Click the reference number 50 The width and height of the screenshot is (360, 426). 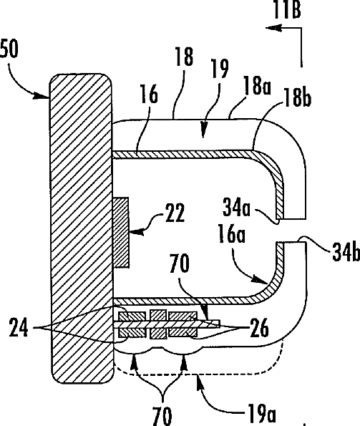point(9,49)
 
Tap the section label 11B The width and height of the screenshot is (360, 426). point(287,9)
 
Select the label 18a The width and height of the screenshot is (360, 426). point(257,85)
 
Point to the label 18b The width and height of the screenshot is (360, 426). point(297,97)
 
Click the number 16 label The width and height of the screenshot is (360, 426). point(149,94)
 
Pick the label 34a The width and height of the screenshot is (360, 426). point(236,207)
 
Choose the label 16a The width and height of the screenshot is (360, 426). point(232,233)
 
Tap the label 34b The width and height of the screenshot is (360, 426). point(346,252)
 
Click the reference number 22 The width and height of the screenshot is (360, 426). point(175,212)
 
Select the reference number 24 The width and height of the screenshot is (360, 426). point(19,327)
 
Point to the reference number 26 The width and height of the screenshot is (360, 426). point(259,328)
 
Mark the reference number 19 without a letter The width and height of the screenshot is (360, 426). point(220,68)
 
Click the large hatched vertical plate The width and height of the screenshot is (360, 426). point(81,228)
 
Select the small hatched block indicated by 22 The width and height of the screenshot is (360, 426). point(121,233)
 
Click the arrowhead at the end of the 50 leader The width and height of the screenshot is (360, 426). point(42,96)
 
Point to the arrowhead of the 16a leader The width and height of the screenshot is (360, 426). point(260,280)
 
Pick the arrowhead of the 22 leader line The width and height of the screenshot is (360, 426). point(136,232)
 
